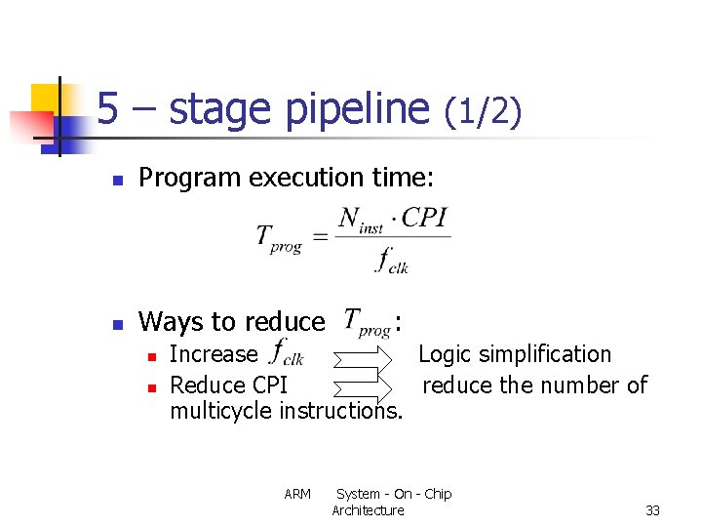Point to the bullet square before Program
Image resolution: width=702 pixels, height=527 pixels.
point(116,181)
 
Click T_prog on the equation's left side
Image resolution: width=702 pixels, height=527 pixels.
point(279,239)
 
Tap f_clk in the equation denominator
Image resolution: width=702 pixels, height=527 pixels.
point(392,261)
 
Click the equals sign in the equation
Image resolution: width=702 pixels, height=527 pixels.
point(319,237)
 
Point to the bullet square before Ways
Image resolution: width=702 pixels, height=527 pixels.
point(116,324)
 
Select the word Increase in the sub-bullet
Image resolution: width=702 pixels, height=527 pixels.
point(214,354)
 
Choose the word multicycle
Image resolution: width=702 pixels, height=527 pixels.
point(221,411)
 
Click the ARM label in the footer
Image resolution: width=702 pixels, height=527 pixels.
point(297,494)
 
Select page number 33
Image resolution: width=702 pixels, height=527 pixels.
point(652,510)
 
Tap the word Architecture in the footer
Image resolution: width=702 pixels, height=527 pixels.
point(368,510)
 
